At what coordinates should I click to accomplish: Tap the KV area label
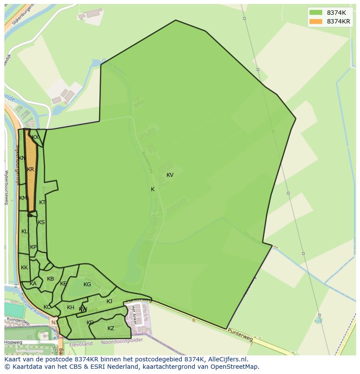170,175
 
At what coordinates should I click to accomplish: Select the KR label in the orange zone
30,169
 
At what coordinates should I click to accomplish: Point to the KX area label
35,137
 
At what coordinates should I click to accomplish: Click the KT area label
42,202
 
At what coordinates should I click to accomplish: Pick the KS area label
41,222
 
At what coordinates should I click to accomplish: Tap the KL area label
24,232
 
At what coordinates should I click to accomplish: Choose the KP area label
33,247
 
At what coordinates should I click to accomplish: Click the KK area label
24,268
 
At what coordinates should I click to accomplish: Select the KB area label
50,279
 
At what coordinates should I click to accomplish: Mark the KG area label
87,285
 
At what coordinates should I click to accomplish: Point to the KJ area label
110,301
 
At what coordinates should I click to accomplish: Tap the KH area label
70,308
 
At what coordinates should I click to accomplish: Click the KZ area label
111,328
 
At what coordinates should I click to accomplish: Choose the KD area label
90,323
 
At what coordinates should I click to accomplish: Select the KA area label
33,284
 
